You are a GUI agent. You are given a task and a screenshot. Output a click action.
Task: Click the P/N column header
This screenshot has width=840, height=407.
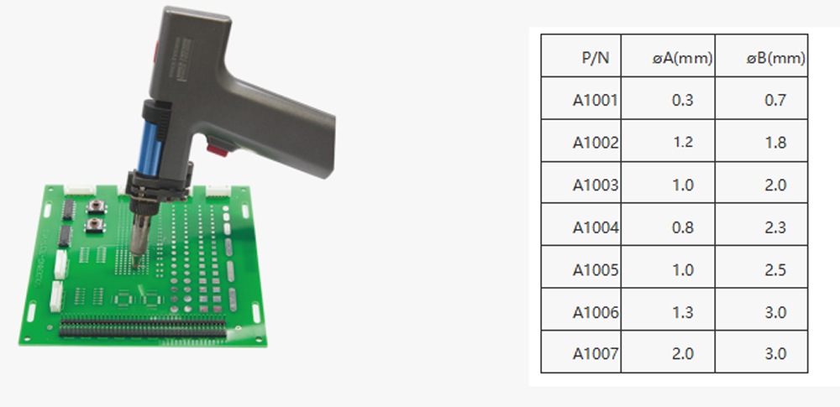[x=596, y=58]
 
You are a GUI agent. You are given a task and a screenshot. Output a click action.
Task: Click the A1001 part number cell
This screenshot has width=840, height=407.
[x=596, y=100]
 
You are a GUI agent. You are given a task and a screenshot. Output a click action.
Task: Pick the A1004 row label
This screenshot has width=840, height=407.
[x=596, y=227]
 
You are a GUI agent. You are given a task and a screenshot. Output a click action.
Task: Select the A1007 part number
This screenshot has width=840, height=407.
[x=596, y=353]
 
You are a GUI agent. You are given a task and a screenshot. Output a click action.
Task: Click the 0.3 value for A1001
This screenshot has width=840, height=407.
[x=682, y=100]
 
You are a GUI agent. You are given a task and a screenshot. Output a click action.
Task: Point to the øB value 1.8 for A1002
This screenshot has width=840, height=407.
[x=775, y=143]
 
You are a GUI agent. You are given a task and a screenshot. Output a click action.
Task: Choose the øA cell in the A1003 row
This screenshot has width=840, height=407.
[x=682, y=185]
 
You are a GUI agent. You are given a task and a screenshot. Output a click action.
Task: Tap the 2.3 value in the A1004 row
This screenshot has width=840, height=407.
[x=775, y=227]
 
